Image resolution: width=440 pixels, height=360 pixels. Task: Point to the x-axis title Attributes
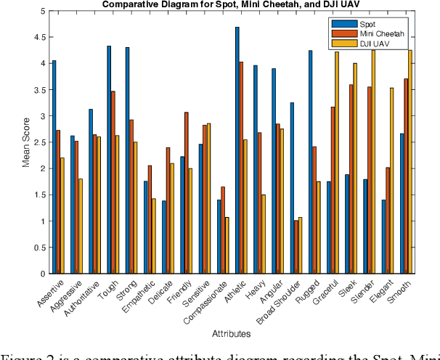click(232, 334)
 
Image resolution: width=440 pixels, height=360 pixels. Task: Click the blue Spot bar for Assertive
click(54, 167)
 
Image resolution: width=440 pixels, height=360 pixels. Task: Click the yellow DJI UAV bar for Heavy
click(263, 234)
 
